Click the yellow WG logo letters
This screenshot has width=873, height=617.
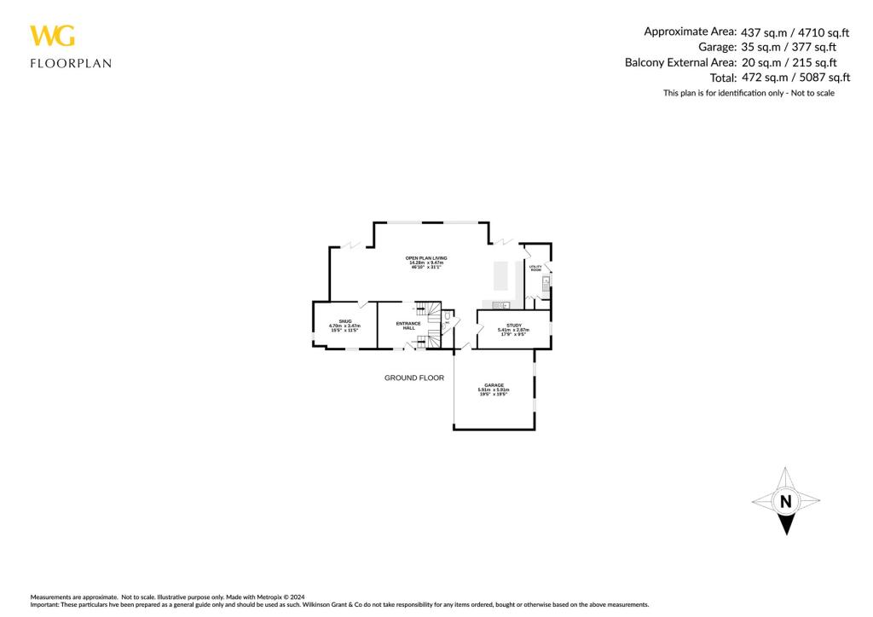tap(52, 36)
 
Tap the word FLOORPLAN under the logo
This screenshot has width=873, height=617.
tap(71, 63)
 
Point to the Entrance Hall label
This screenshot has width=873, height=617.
tap(408, 326)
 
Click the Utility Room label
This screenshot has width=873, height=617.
tap(535, 268)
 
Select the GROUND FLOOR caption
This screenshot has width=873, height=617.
tap(414, 378)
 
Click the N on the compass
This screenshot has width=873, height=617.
tap(785, 501)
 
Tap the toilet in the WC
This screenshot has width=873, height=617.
tap(447, 315)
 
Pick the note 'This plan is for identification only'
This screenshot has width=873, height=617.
tap(749, 93)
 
